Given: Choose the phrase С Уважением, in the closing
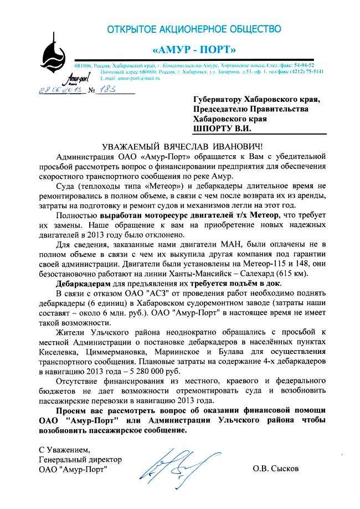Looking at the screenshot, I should point(63,449).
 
